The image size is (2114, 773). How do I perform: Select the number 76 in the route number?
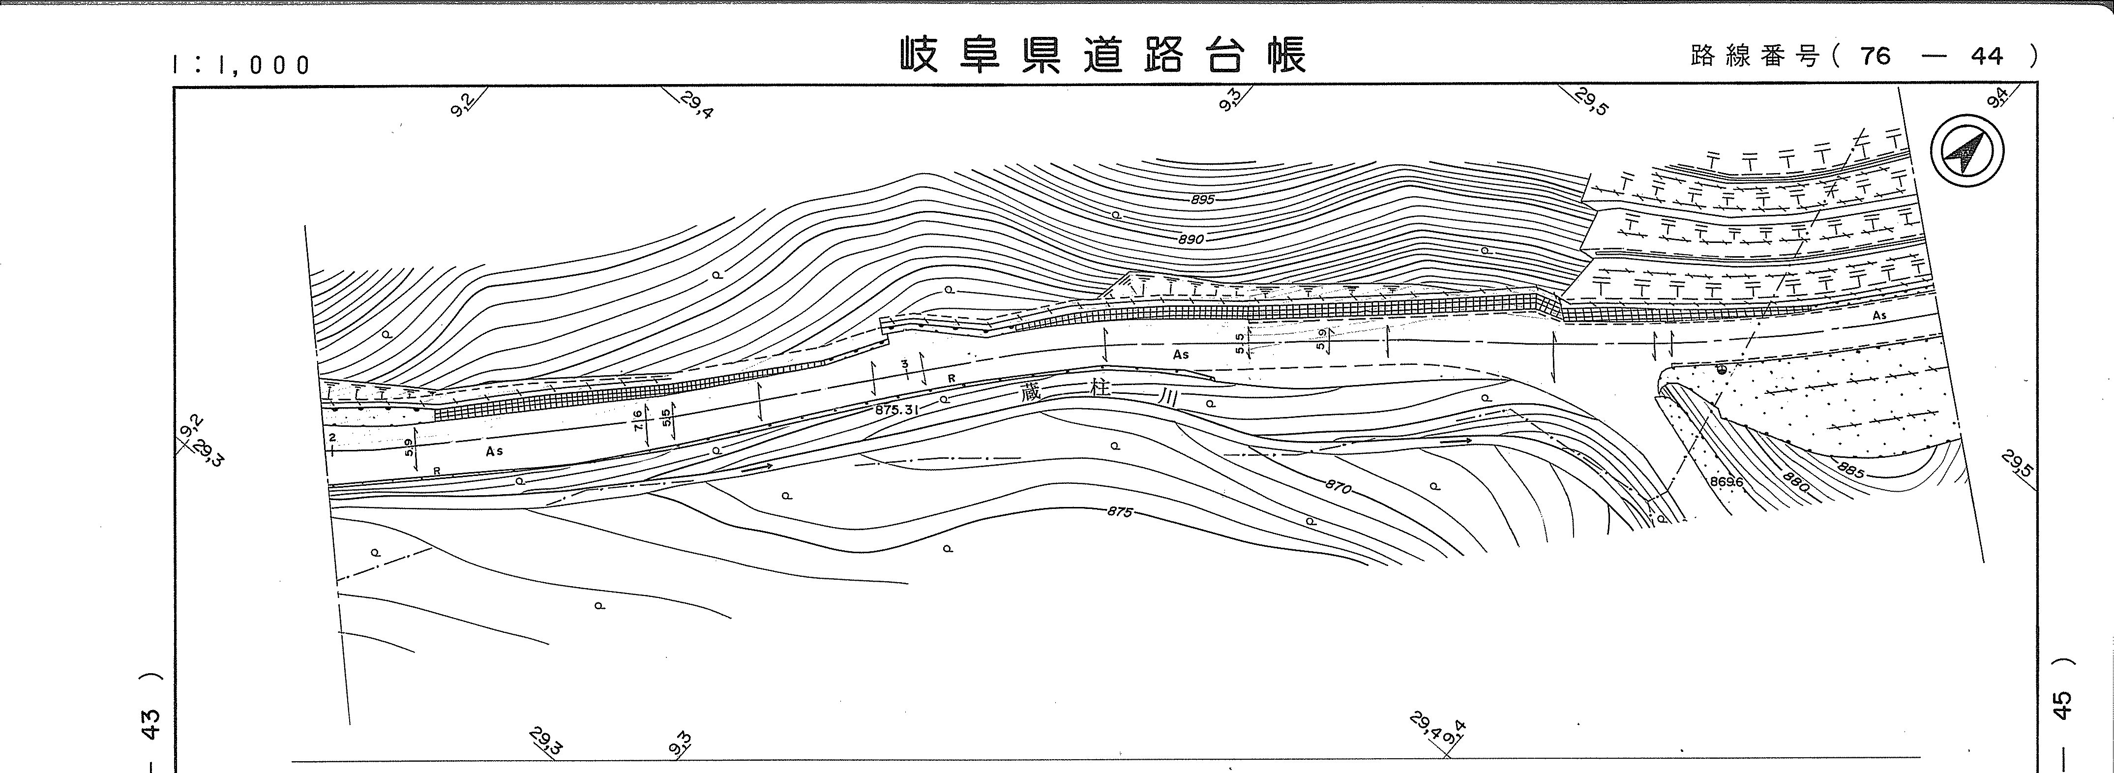click(x=1875, y=56)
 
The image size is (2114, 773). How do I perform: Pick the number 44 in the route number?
click(x=1986, y=56)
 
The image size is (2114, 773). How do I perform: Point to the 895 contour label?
click(x=1202, y=200)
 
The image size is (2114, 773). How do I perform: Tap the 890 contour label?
click(x=1191, y=239)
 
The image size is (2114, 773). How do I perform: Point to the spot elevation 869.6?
click(x=1727, y=482)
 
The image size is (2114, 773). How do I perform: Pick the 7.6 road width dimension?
click(x=638, y=421)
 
